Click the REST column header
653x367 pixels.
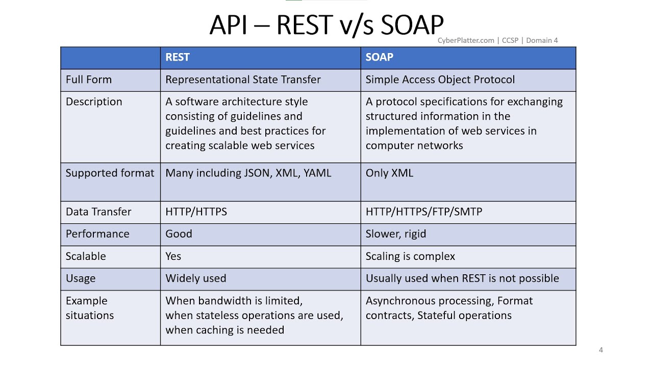pyautogui.click(x=178, y=58)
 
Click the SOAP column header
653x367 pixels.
pyautogui.click(x=379, y=58)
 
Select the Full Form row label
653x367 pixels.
pyautogui.click(x=89, y=80)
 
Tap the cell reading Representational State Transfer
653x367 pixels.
pyautogui.click(x=243, y=80)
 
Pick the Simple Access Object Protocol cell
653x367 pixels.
pyautogui.click(x=440, y=80)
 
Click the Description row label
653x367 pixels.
pyautogui.click(x=94, y=102)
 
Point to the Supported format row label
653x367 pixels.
pyautogui.click(x=110, y=173)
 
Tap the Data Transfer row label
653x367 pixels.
pyautogui.click(x=98, y=212)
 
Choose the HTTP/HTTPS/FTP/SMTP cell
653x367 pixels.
pyautogui.click(x=423, y=212)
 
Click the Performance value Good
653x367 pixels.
pyautogui.click(x=179, y=234)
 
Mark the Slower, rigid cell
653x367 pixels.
pyautogui.click(x=395, y=234)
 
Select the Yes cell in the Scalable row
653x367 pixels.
pyautogui.click(x=173, y=256)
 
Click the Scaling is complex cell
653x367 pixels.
pyautogui.click(x=410, y=256)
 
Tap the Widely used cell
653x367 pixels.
pyautogui.click(x=195, y=279)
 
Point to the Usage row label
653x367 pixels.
pyautogui.click(x=81, y=279)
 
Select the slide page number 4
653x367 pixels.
pyautogui.click(x=600, y=350)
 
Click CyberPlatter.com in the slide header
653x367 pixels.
pyautogui.click(x=466, y=41)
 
